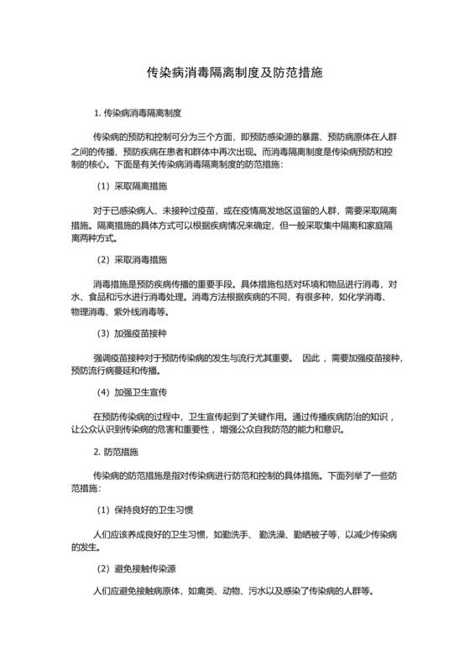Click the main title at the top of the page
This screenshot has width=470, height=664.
pyautogui.click(x=235, y=73)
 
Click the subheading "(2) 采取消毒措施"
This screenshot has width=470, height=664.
pyautogui.click(x=133, y=260)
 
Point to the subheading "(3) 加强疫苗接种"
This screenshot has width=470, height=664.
pyautogui.click(x=133, y=334)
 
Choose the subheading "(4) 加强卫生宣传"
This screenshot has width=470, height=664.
pyautogui.click(x=133, y=392)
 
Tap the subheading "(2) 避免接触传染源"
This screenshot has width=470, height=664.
pyautogui.click(x=138, y=569)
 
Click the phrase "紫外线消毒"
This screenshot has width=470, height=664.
pyautogui.click(x=142, y=313)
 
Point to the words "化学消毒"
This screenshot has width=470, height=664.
pyautogui.click(x=368, y=298)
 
